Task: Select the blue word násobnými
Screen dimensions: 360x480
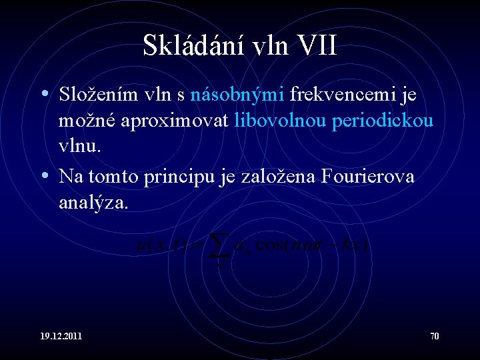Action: (x=238, y=95)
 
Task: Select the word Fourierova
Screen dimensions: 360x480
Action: (x=368, y=177)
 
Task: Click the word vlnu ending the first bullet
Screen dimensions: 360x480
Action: (x=78, y=147)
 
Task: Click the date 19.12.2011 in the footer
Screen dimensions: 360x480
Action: (x=61, y=336)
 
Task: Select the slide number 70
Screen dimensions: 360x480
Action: (x=434, y=336)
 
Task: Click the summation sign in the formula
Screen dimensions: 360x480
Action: (x=216, y=247)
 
